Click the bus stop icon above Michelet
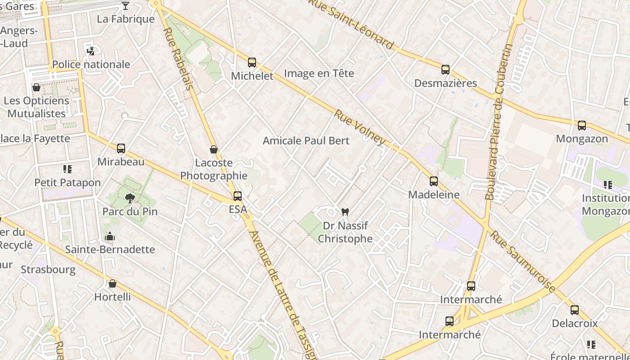tap(252, 63)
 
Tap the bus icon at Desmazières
tap(445, 70)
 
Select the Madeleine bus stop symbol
tap(434, 181)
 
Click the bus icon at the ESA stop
tap(237, 196)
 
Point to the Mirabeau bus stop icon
tap(121, 148)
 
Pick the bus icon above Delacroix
tap(575, 310)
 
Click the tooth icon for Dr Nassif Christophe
tap(345, 212)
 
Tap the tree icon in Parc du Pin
tap(130, 198)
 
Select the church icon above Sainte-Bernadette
tap(110, 236)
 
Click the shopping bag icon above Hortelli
tap(112, 283)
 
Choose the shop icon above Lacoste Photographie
tap(214, 149)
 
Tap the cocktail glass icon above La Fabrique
tap(126, 6)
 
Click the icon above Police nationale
tap(90, 51)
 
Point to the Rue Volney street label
tap(360, 127)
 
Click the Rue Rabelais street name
tap(177, 58)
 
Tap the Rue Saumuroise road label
tap(522, 261)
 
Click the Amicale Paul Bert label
tap(306, 141)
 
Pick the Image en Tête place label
tap(319, 73)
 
